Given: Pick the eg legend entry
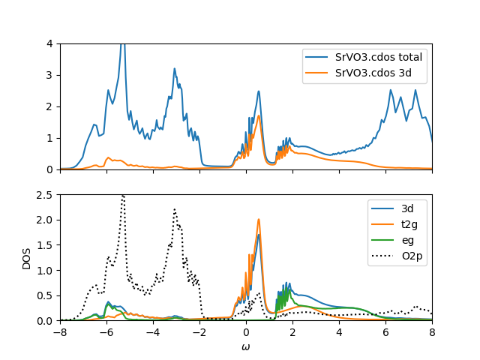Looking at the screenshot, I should (402, 239).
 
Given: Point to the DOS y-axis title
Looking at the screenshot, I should (26, 257).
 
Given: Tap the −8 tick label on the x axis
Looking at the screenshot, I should (60, 331).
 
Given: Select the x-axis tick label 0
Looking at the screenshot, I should (246, 331).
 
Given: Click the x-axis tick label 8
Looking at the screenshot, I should (432, 331).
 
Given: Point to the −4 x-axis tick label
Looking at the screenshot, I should (153, 331).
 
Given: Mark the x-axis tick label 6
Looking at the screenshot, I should (385, 331).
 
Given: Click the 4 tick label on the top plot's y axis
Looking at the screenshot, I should (49, 43).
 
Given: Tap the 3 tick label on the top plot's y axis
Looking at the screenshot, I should (49, 75).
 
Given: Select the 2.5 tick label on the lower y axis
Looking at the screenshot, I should (45, 195).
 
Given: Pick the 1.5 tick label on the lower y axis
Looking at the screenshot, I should (45, 245).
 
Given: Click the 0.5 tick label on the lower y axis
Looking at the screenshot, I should (45, 295).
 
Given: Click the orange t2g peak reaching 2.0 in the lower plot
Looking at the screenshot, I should (259, 220).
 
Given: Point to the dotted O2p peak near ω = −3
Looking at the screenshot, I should (175, 210).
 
